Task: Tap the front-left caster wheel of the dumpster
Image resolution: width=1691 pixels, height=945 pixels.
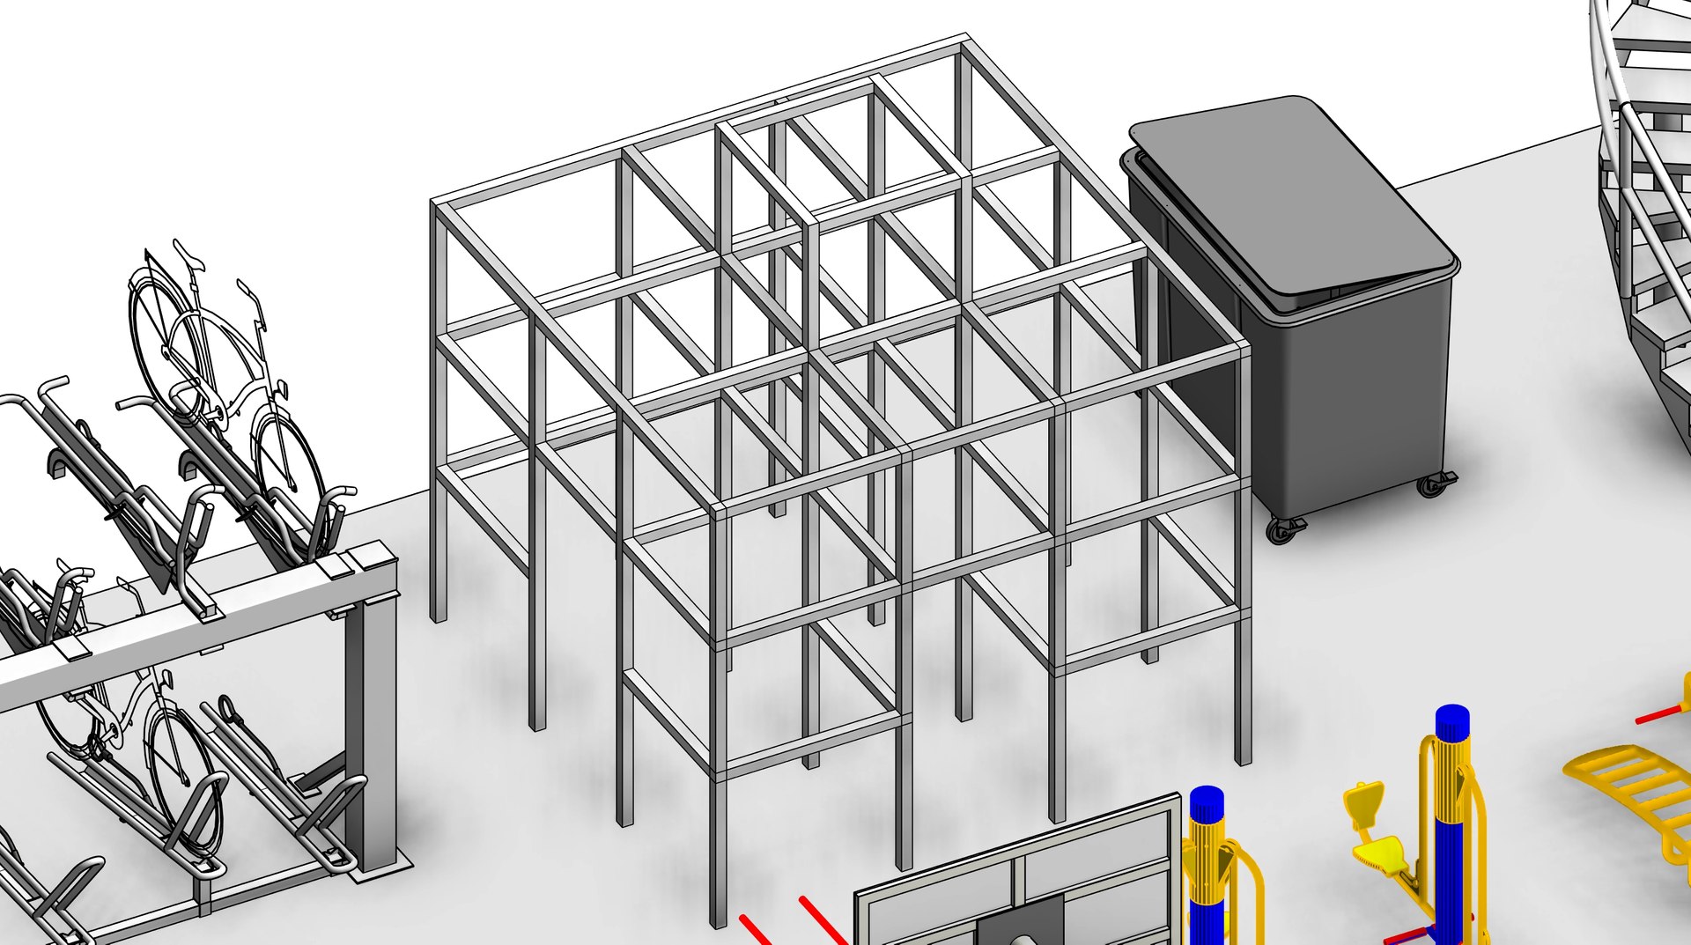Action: coord(1282,529)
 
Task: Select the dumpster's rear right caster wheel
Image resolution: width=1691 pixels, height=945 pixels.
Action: coord(1432,484)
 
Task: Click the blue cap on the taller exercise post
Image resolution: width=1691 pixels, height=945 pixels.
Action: coord(1451,723)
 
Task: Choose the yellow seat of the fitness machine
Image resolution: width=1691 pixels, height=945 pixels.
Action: coord(1378,853)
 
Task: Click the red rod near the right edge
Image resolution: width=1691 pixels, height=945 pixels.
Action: coord(1660,713)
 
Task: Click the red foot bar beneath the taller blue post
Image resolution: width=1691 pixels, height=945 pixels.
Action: coord(1409,935)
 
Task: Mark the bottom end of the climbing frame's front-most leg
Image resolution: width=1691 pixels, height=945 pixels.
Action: coord(719,920)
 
